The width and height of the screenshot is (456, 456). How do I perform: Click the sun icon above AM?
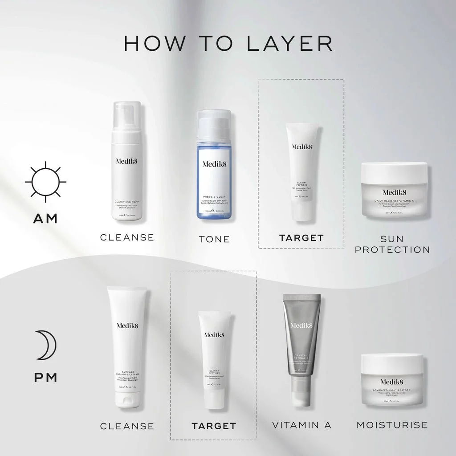[x=45, y=183]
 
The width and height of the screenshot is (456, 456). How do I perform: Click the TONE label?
[x=214, y=239]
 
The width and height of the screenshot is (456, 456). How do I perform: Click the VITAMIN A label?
[x=302, y=425]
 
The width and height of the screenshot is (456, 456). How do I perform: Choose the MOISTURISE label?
[x=392, y=425]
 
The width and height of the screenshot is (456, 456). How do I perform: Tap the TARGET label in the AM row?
[x=301, y=238]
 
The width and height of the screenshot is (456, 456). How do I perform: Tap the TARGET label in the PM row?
[x=214, y=426]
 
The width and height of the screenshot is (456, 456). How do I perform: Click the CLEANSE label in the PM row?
[x=127, y=426]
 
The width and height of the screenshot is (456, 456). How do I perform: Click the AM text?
[x=45, y=219]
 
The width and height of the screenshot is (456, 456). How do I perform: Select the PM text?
[x=45, y=378]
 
